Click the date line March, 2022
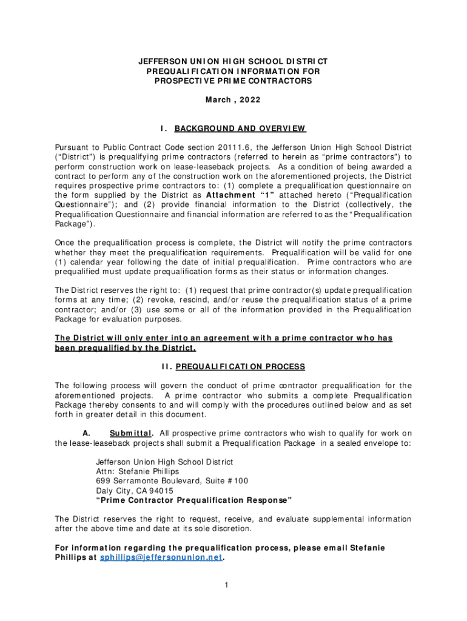233,100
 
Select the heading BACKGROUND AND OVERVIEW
240,129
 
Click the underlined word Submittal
131,433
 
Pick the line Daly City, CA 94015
135,491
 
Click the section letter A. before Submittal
86,433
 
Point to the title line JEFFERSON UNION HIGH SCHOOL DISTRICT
233,62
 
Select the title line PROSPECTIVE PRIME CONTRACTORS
233,81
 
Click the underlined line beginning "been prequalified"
126,348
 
